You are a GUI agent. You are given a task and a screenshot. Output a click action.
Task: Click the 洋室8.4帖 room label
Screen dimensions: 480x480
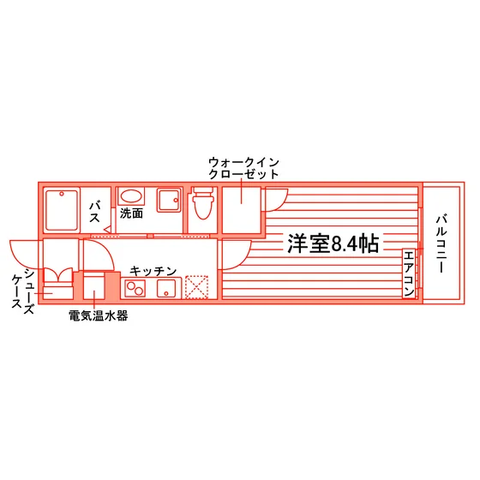[x=333, y=243]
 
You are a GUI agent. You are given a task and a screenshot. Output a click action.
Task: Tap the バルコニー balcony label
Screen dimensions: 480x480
[x=441, y=243]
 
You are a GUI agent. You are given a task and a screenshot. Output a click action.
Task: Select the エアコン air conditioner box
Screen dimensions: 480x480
[x=409, y=273]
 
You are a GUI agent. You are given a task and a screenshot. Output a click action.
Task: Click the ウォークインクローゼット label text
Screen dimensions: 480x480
[x=243, y=168]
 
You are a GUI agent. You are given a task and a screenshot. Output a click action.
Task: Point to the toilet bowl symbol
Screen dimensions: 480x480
[x=203, y=203]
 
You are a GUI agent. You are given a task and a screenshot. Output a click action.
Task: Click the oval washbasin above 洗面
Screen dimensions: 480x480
[x=131, y=197]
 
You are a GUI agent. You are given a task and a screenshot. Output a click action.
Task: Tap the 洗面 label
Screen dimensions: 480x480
[x=131, y=213]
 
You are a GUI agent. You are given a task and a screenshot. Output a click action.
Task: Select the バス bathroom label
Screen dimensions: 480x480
[x=94, y=212]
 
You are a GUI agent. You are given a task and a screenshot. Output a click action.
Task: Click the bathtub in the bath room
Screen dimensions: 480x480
[x=62, y=210]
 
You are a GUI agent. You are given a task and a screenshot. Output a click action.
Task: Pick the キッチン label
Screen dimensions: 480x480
[x=153, y=271]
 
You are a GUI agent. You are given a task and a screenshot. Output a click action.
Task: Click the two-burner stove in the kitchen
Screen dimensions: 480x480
[x=135, y=288]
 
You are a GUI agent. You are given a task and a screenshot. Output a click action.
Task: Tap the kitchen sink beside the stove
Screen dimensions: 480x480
[x=166, y=288]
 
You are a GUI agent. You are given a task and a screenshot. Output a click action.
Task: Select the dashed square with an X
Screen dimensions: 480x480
[x=196, y=287]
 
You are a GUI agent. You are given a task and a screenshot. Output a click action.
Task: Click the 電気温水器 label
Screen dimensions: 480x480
[x=98, y=315]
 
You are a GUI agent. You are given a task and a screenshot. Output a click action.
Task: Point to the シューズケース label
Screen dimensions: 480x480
[x=23, y=290]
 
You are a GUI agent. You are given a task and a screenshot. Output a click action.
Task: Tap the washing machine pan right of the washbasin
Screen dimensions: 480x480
[x=168, y=201]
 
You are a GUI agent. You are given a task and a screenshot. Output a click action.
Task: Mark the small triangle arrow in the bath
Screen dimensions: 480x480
[x=107, y=230]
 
